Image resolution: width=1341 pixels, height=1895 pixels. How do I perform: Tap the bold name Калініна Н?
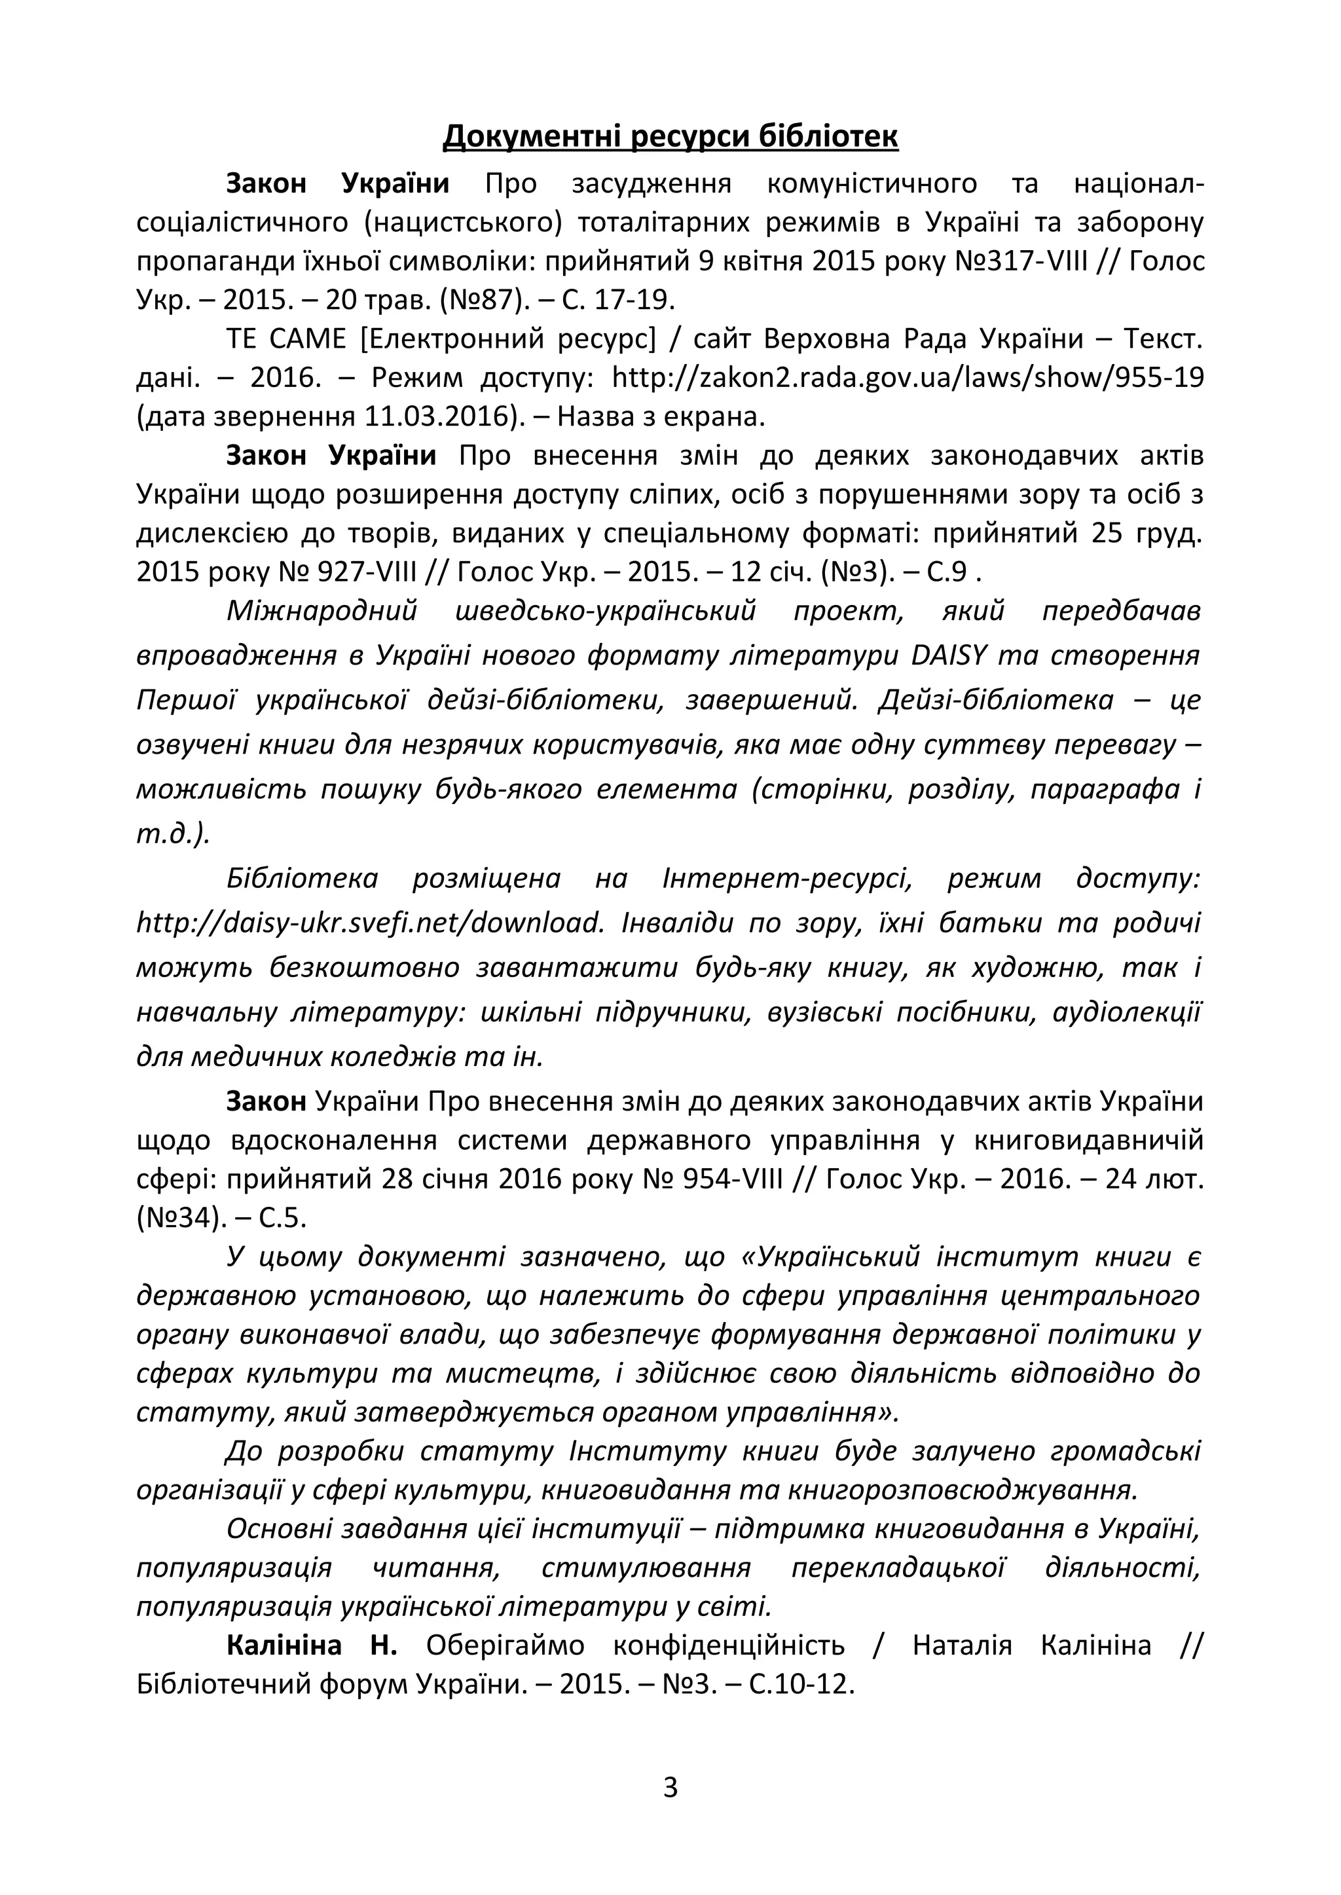[x=311, y=1645]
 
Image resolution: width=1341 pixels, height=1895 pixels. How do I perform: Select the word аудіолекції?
[x=1126, y=1012]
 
